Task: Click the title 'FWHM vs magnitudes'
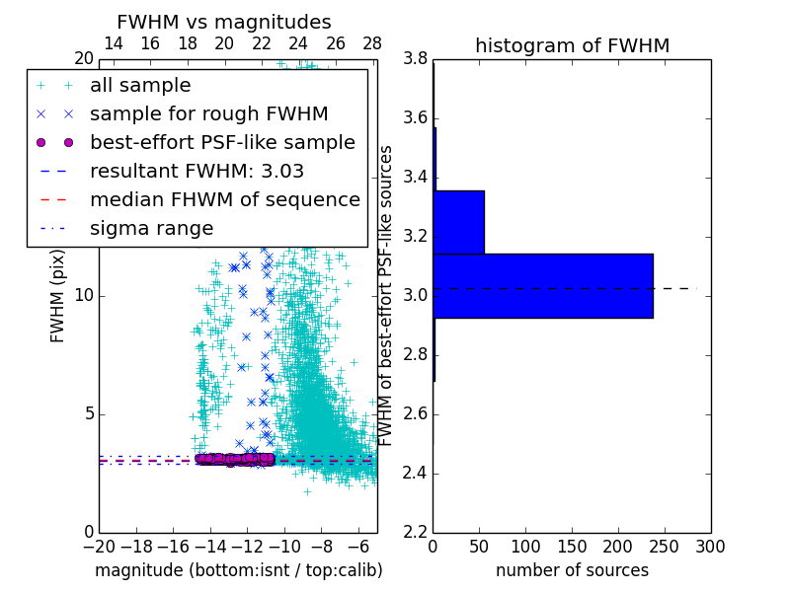pos(224,22)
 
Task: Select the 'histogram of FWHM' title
pos(572,45)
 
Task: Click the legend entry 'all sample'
pos(140,86)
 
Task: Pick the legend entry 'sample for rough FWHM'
pos(208,114)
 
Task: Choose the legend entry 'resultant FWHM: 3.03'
pos(197,172)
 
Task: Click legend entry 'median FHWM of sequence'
pos(225,200)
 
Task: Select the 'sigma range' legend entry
pos(151,229)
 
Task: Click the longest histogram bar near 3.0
pos(542,286)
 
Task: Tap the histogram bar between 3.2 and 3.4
pos(458,222)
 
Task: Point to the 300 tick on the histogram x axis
pos(710,546)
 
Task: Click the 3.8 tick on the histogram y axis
pos(415,59)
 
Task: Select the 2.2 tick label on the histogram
pos(415,532)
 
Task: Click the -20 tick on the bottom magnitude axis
pos(99,546)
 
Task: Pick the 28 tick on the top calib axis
pos(372,43)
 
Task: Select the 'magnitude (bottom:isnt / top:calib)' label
pos(238,570)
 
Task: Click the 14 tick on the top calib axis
pos(113,43)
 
